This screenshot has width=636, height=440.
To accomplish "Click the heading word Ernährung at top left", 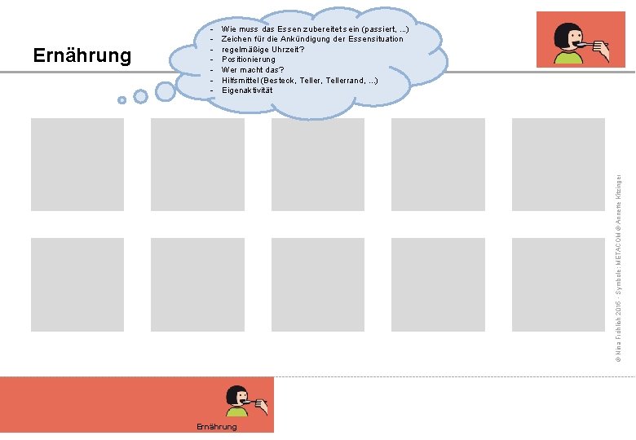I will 82,55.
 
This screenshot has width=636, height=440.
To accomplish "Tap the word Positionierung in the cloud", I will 249,59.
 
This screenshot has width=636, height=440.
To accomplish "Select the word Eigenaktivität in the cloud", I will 247,90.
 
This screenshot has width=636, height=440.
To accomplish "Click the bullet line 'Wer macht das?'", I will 253,69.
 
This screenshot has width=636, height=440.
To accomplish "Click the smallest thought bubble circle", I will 121,100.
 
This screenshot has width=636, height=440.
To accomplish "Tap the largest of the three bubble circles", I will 166,90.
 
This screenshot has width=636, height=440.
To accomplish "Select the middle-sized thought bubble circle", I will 140,96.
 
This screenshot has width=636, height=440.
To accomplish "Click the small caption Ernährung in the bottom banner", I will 217,427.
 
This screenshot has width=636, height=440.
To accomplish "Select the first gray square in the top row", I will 77,165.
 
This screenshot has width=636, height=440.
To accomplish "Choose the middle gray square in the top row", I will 318,165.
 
